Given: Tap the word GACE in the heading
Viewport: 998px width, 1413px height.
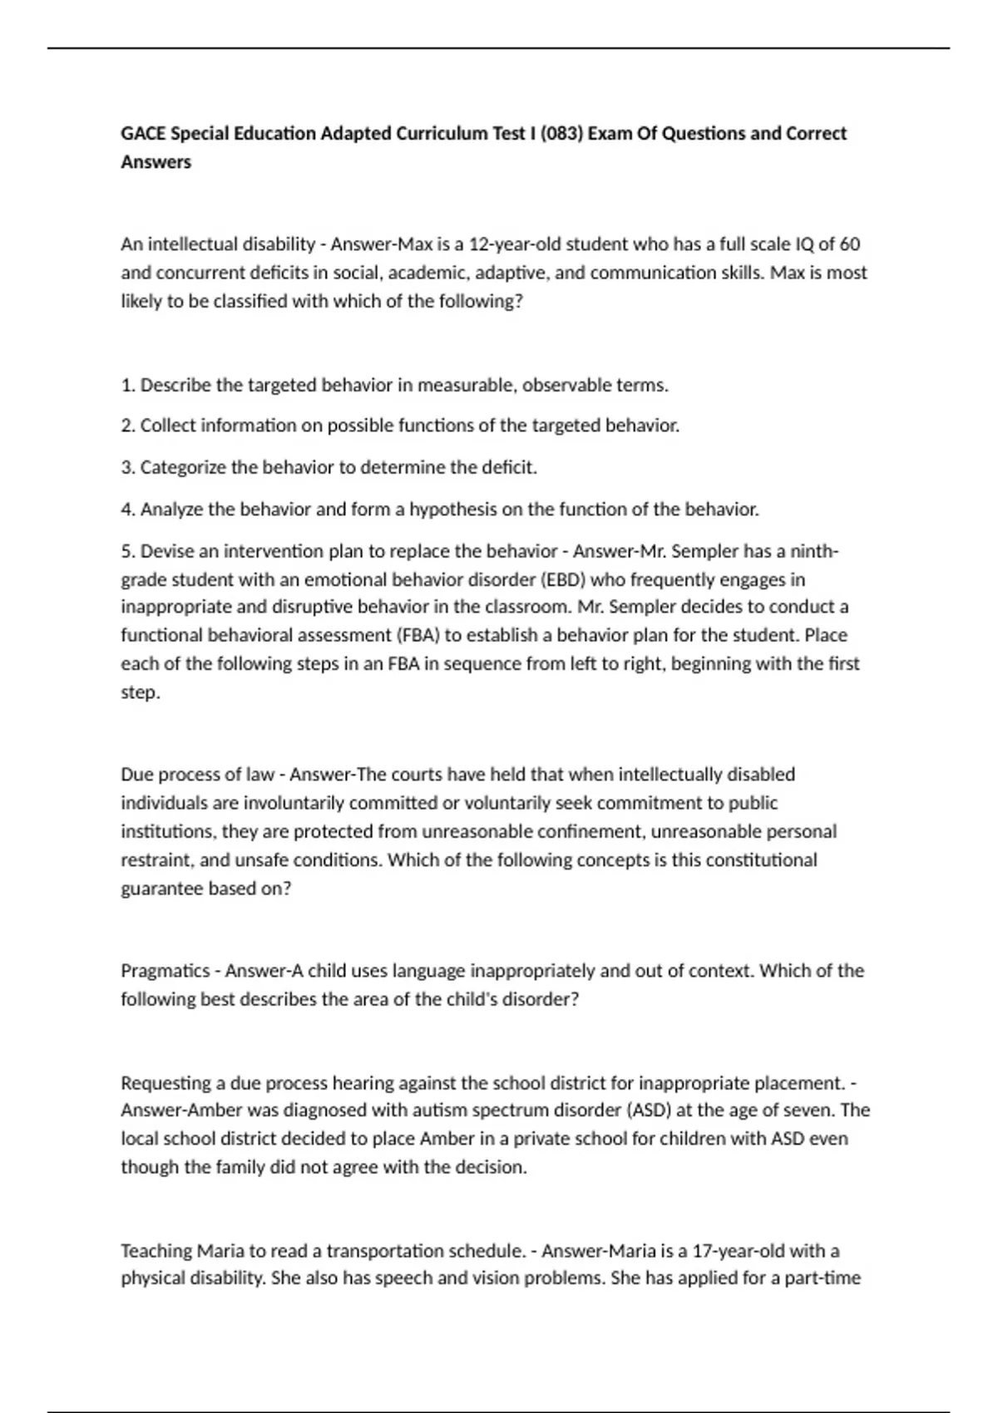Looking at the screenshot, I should pos(143,134).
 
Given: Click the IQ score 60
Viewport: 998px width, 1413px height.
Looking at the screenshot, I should pos(849,244).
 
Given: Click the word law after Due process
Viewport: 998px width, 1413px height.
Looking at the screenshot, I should pos(259,775).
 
